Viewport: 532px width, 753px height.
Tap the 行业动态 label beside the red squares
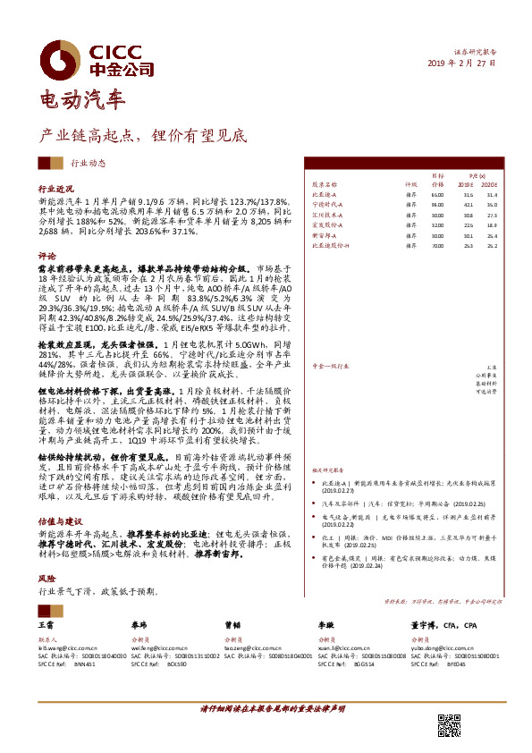click(x=89, y=164)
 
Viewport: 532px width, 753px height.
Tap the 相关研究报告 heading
click(x=329, y=468)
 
